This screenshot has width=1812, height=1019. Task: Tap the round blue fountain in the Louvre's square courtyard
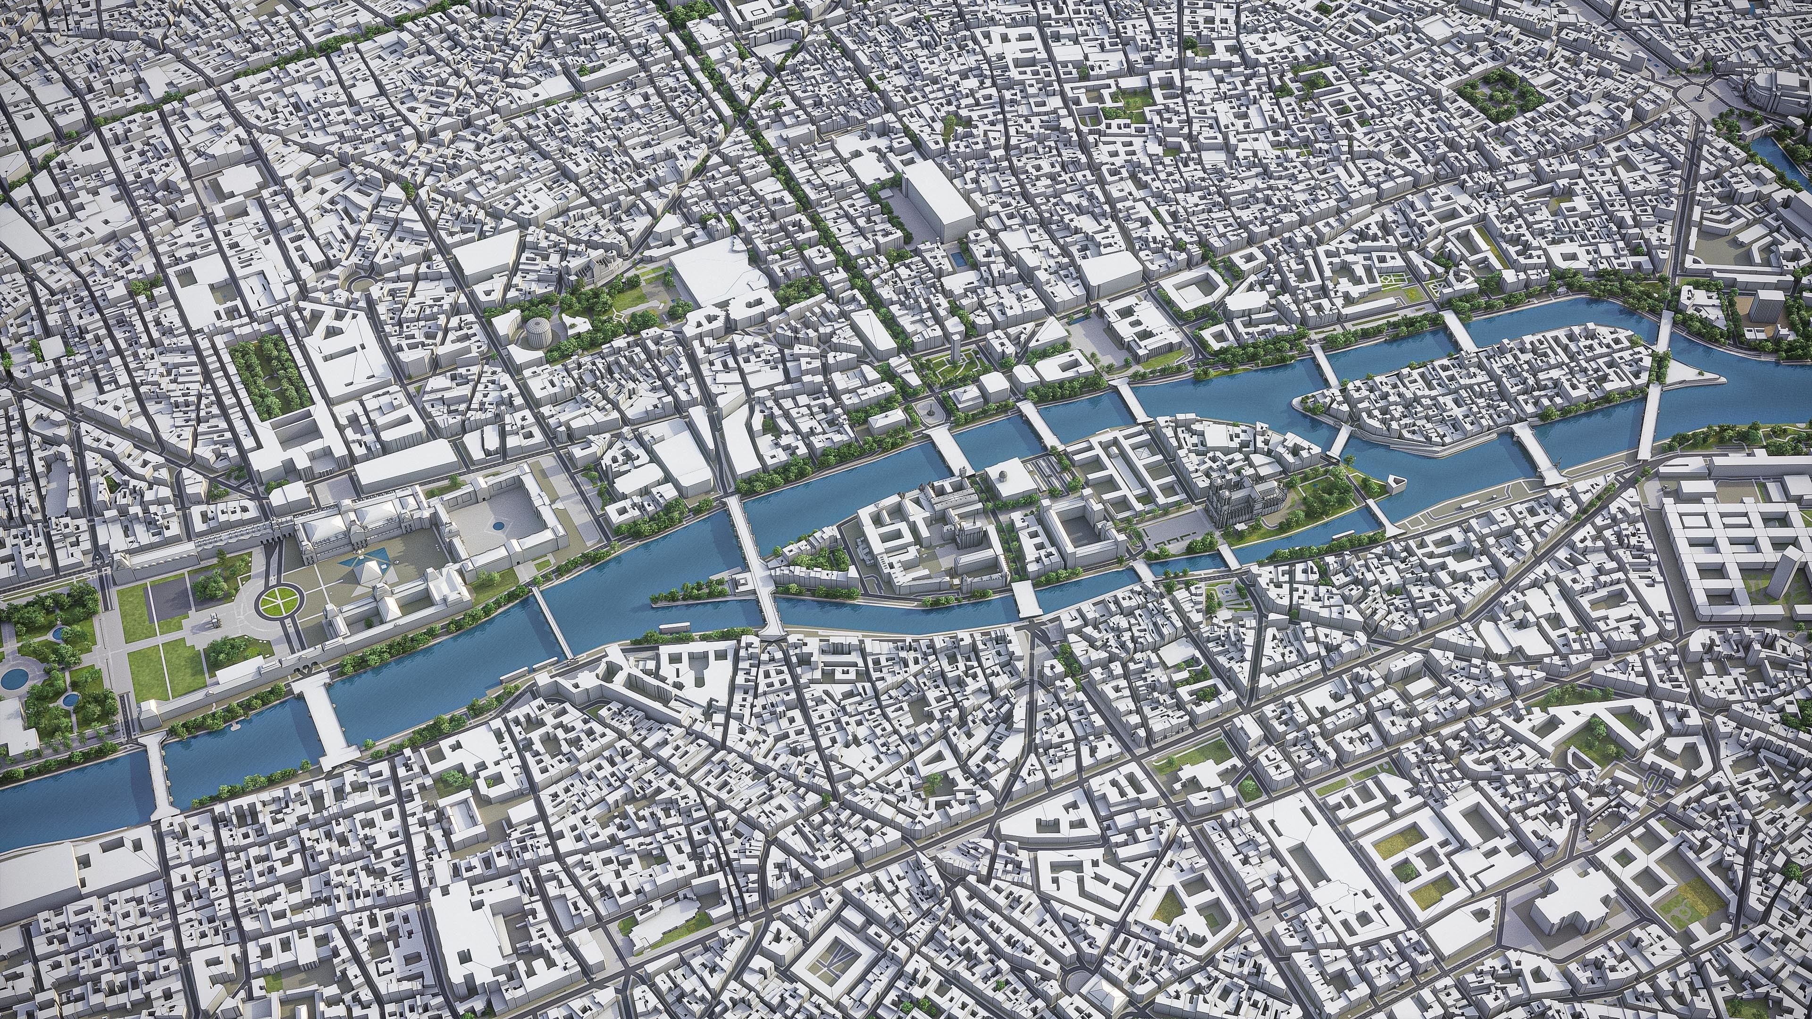[498, 525]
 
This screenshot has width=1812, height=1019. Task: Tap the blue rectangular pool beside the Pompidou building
[956, 259]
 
